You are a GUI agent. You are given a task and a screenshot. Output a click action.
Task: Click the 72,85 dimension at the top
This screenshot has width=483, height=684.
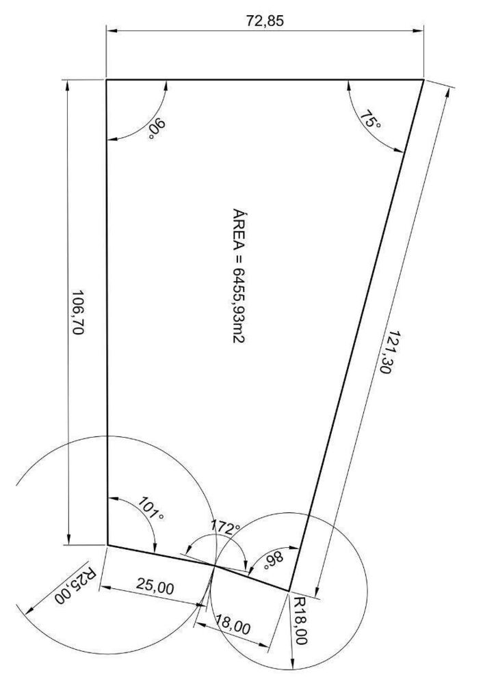265,21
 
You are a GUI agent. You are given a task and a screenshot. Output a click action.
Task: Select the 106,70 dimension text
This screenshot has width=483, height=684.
77,313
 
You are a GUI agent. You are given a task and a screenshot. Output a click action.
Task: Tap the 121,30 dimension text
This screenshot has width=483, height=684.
387,352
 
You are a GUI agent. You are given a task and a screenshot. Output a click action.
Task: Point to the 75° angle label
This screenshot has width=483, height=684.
370,120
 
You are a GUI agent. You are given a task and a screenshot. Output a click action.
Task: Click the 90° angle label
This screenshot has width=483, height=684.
157,129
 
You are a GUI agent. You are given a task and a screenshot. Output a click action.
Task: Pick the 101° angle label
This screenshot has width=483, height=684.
151,508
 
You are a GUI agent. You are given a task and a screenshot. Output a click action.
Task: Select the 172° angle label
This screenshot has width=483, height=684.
225,526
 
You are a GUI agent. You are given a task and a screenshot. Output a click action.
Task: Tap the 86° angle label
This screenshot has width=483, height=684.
274,561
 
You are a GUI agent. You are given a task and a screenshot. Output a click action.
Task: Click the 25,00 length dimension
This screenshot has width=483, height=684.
155,586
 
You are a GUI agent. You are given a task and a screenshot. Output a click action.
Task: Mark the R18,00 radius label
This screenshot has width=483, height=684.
300,620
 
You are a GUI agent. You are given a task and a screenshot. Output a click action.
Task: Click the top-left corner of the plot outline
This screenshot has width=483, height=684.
107,80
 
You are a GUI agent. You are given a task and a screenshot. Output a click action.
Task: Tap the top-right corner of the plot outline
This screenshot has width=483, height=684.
423,80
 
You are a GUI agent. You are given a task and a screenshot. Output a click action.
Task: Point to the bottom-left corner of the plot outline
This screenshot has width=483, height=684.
107,545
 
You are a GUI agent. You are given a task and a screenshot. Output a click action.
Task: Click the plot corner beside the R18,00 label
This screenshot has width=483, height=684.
289,591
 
